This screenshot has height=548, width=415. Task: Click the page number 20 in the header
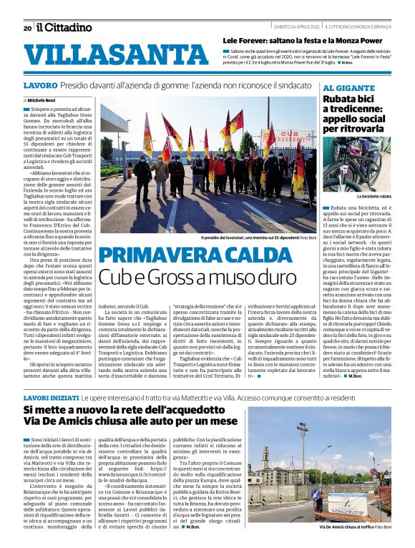tap(27, 28)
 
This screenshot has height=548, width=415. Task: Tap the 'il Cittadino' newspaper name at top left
tap(64, 27)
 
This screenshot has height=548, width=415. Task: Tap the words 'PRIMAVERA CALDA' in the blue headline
tap(192, 255)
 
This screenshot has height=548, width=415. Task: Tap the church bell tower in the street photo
tap(266, 456)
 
